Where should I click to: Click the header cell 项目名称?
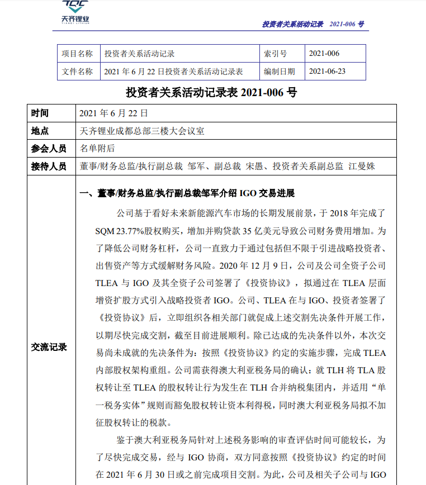click(x=77, y=54)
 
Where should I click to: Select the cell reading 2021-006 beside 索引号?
click(x=324, y=54)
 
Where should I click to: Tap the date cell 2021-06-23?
click(x=327, y=72)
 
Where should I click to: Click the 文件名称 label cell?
click(x=77, y=72)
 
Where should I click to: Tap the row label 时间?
click(x=40, y=113)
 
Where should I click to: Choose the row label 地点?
click(x=40, y=131)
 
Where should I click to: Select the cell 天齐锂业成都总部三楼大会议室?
click(x=142, y=131)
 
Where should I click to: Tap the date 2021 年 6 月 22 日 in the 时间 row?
click(x=113, y=113)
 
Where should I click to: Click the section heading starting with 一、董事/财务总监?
click(x=187, y=194)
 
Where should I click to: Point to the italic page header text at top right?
click(x=313, y=25)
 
